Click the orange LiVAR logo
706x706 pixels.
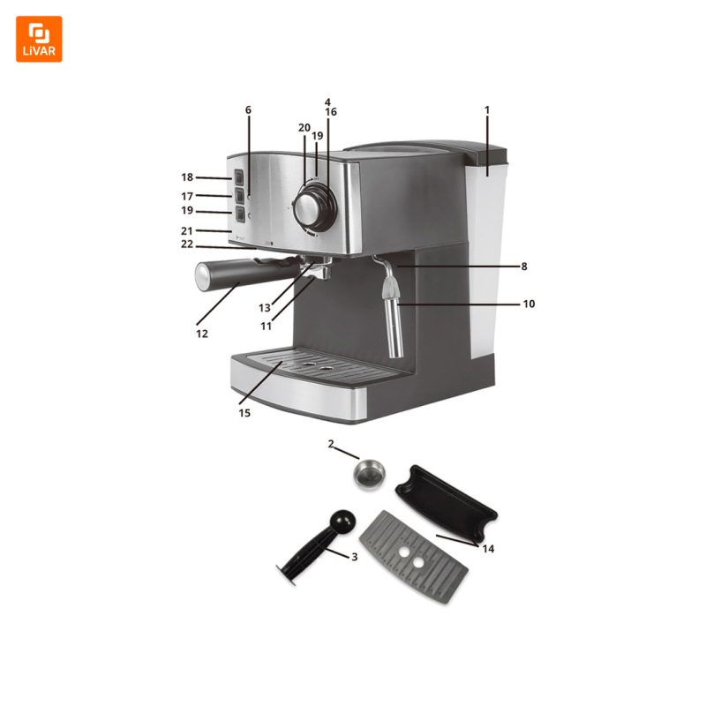tap(39, 39)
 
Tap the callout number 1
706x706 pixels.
tap(487, 109)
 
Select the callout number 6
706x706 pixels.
tap(248, 109)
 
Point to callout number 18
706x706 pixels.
tap(187, 177)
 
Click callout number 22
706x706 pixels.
tap(187, 244)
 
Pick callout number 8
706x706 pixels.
tap(524, 267)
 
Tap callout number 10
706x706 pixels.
tap(529, 304)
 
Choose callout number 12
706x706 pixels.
tap(202, 334)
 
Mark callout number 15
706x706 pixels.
tap(244, 413)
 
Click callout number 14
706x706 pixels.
tap(488, 548)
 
